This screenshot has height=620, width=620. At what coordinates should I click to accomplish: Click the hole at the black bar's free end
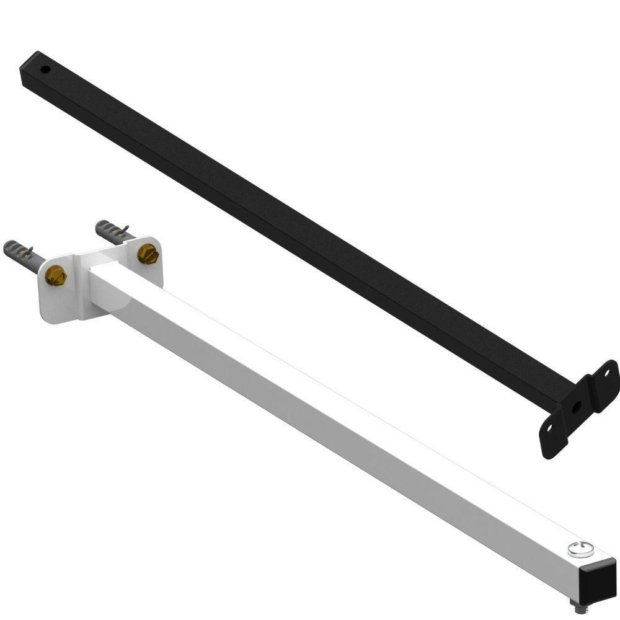pyautogui.click(x=45, y=69)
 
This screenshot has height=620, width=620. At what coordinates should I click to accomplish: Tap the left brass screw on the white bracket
pyautogui.click(x=55, y=275)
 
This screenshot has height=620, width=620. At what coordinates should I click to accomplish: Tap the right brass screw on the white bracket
pyautogui.click(x=148, y=253)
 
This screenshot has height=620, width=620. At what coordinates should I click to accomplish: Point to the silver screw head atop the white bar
pyautogui.click(x=580, y=548)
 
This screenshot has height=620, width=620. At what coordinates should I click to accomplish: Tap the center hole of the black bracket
pyautogui.click(x=577, y=407)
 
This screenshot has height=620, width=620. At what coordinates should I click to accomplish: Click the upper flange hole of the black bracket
pyautogui.click(x=607, y=374)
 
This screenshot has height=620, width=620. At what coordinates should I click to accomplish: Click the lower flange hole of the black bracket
pyautogui.click(x=549, y=428)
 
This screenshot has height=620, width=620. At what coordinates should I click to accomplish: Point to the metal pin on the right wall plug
pyautogui.click(x=126, y=231)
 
